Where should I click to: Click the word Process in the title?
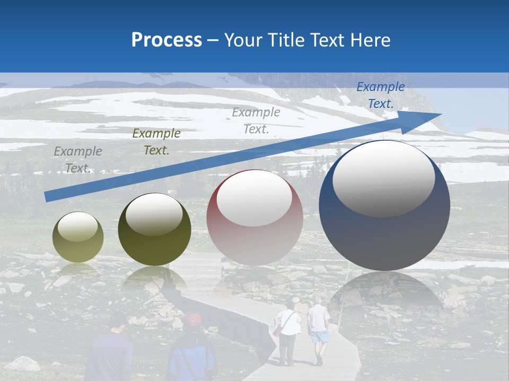tap(166, 40)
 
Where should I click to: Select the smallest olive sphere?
tap(78, 237)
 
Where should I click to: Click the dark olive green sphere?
tap(154, 230)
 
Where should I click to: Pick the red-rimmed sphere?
tap(254, 217)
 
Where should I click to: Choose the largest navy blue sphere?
tap(384, 205)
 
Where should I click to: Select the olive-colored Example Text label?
tap(156, 142)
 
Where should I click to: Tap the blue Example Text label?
tap(380, 95)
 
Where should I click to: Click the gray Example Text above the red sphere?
tap(256, 120)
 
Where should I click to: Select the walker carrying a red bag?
tap(287, 333)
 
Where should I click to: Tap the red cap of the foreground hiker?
tap(194, 319)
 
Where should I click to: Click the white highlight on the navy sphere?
tap(383, 178)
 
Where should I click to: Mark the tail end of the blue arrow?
tap(48, 196)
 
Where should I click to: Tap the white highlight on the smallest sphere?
tap(77, 227)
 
